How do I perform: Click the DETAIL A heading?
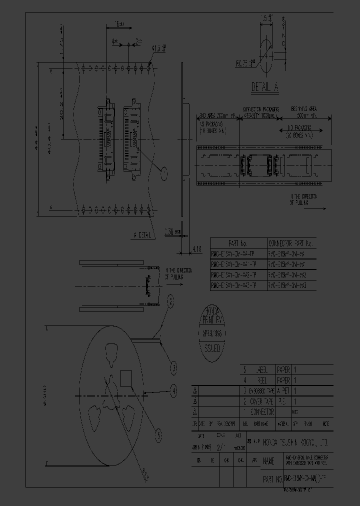coord(265,88)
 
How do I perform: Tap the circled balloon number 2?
coord(170,300)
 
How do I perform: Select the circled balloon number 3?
coord(173,368)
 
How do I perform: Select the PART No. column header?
coord(236,243)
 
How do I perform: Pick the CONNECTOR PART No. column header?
coord(290,243)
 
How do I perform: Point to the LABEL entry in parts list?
coord(262,369)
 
